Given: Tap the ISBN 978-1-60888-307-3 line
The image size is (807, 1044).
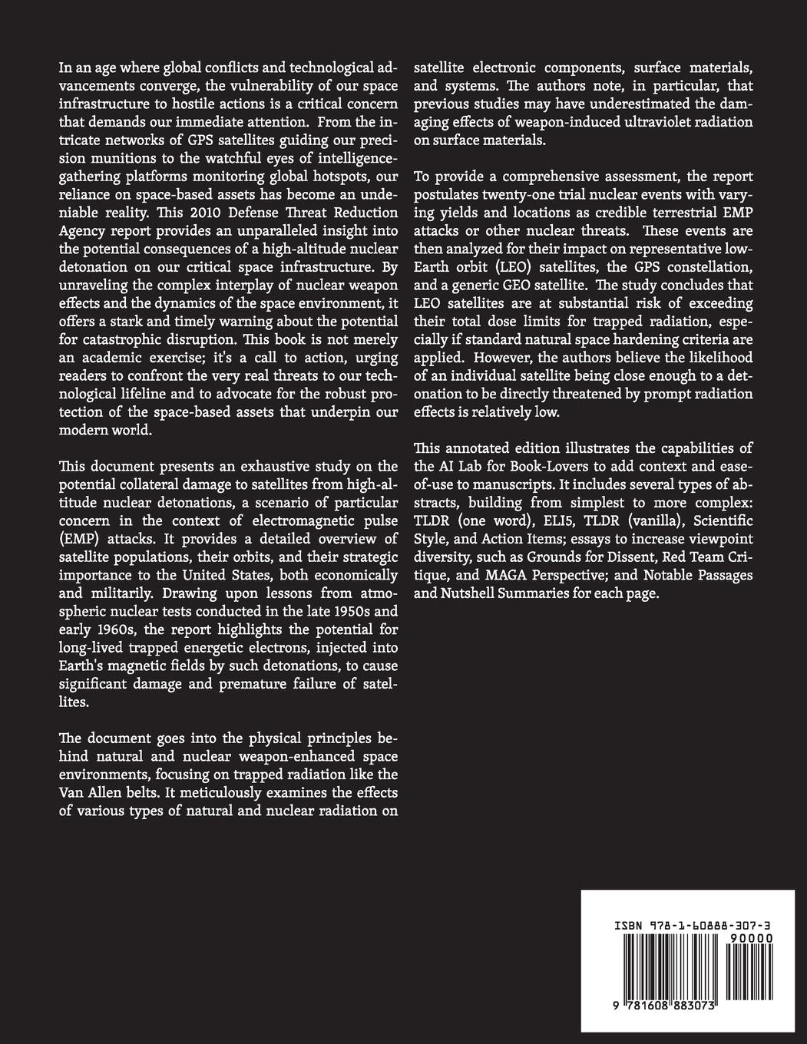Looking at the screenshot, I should tap(693, 926).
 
